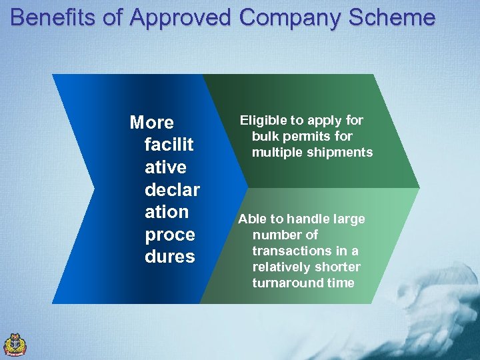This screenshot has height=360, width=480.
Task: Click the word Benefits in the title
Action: [x=52, y=17]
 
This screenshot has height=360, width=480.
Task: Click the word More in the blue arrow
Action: [x=151, y=123]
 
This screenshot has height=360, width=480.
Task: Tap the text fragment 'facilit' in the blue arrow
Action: [x=169, y=145]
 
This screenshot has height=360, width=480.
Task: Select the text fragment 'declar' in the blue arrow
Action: [x=172, y=190]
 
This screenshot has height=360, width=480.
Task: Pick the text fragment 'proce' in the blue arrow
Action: [x=170, y=235]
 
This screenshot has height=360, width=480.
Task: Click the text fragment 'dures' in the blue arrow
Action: [x=170, y=257]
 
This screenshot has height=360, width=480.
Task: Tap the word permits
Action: [x=306, y=137]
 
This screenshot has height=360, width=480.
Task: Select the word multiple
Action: [x=275, y=153]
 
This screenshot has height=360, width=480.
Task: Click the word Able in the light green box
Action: [x=251, y=219]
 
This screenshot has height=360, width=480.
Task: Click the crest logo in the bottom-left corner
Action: [x=15, y=345]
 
